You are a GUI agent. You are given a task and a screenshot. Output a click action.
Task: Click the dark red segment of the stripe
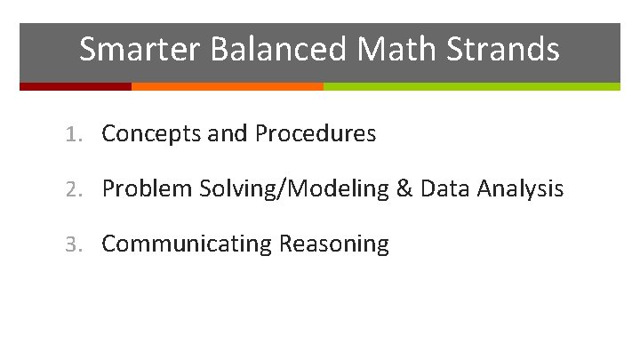[x=76, y=86]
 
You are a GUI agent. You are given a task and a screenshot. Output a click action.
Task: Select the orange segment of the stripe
[x=227, y=86]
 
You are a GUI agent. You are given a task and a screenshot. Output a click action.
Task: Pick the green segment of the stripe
[x=471, y=86]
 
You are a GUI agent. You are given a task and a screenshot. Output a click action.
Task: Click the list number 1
[x=72, y=135]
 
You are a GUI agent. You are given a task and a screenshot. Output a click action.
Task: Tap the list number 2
[x=72, y=189]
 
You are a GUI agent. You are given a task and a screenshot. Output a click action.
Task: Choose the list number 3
[x=72, y=244]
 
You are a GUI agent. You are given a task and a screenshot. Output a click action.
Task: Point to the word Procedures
[x=315, y=134]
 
